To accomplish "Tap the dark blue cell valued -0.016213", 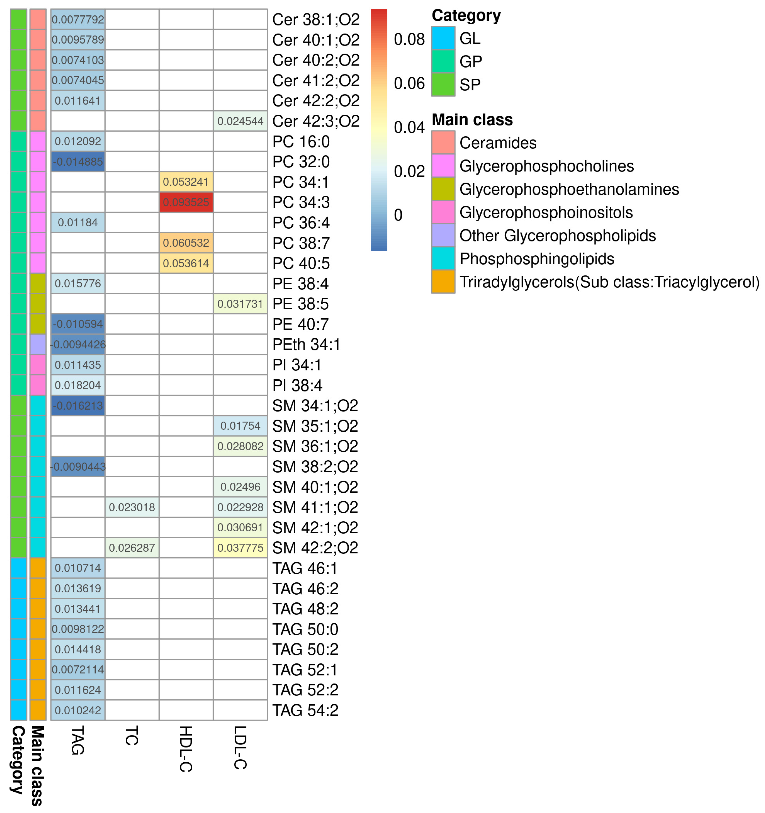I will pyautogui.click(x=78, y=406).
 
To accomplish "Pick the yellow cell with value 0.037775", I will pyautogui.click(x=240, y=548).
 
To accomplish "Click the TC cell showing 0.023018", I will pyautogui.click(x=132, y=507).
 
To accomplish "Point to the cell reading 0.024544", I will pyautogui.click(x=240, y=121).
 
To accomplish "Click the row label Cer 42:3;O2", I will pyautogui.click(x=316, y=121).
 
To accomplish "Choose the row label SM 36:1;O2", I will pyautogui.click(x=315, y=446).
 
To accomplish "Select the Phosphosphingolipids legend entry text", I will pyautogui.click(x=536, y=259).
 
